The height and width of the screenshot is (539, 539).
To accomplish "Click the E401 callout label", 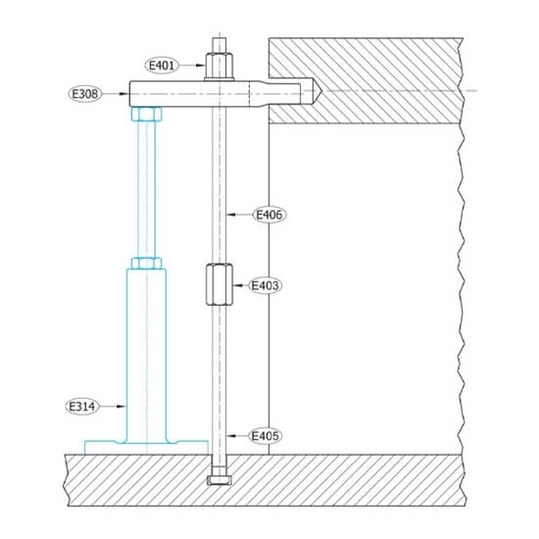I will pyautogui.click(x=163, y=66).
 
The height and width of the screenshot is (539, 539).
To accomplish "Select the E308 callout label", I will pyautogui.click(x=85, y=94).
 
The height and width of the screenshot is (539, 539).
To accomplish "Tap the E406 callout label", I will pyautogui.click(x=268, y=213).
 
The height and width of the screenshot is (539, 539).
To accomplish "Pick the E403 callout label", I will pyautogui.click(x=265, y=285).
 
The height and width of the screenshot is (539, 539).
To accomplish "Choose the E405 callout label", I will pyautogui.click(x=267, y=434).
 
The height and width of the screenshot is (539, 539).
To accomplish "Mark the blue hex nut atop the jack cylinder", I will pyautogui.click(x=144, y=262).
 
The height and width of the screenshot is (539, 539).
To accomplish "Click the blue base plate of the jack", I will pyautogui.click(x=147, y=447).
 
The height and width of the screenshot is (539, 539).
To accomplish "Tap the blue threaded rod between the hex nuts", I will pyautogui.click(x=144, y=186).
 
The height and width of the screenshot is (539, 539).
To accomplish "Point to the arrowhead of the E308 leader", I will pyautogui.click(x=125, y=94).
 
